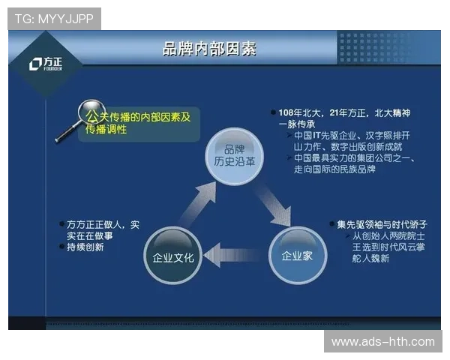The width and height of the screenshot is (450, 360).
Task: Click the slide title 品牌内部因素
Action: [x=209, y=49]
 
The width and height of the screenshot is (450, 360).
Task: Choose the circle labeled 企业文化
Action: [x=173, y=257]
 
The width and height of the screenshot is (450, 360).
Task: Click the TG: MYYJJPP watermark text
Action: [x=54, y=18]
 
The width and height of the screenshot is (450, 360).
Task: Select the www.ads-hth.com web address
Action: [x=382, y=342]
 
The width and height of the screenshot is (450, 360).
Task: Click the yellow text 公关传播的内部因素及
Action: [x=139, y=118]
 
